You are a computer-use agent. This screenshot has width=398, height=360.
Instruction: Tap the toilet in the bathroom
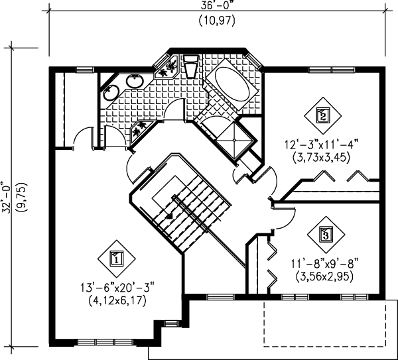pos(190,66)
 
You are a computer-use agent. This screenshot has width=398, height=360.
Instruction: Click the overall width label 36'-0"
pos(217,5)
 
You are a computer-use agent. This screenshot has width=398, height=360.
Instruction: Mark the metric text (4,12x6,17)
pos(117,300)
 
